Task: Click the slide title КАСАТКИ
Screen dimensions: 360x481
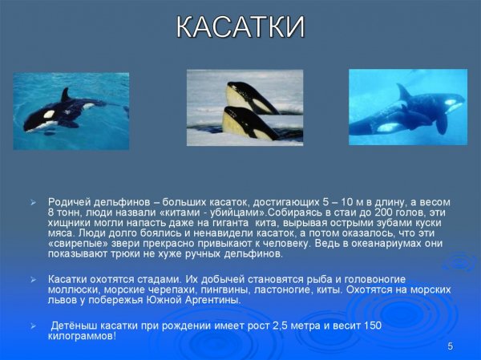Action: tap(240, 26)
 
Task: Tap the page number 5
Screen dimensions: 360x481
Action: tap(451, 346)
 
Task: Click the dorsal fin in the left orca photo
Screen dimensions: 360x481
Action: tap(65, 95)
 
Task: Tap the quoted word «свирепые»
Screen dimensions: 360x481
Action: tap(78, 243)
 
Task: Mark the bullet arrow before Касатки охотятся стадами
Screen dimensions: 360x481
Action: tap(33, 279)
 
